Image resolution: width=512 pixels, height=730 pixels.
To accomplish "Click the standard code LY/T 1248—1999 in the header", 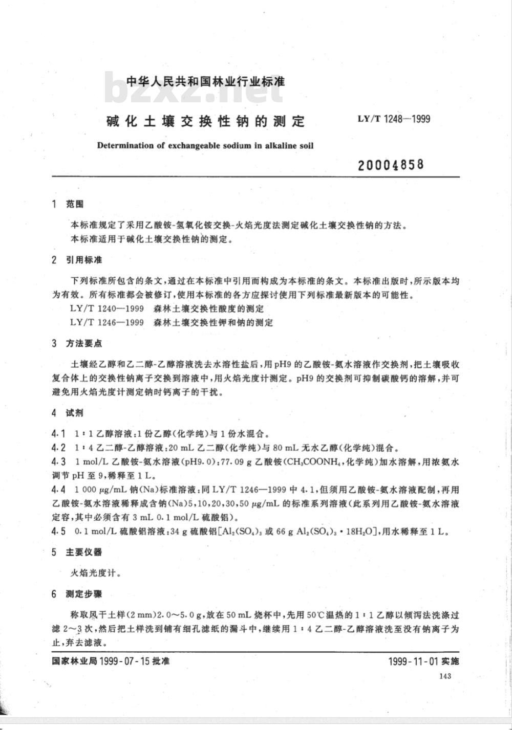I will (x=394, y=120).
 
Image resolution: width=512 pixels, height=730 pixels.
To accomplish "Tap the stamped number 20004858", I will (x=391, y=165).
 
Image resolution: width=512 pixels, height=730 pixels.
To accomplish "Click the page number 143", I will (x=444, y=676).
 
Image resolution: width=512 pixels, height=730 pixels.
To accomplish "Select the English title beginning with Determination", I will (x=205, y=145).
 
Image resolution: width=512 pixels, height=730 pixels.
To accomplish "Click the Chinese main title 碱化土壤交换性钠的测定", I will (x=205, y=122).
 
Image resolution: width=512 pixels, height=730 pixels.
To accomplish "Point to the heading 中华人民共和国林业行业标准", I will (x=205, y=81).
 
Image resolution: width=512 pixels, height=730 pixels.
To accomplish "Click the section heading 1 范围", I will (x=68, y=204).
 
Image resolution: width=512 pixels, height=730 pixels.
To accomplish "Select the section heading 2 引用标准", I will (x=77, y=260).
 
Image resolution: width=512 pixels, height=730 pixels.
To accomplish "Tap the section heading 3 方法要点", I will (x=77, y=343).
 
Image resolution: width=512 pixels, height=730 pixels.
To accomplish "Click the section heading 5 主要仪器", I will (x=77, y=552).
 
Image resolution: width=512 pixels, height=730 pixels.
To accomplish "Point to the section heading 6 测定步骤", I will (x=77, y=594).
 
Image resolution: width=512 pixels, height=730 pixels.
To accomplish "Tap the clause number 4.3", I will (x=58, y=461).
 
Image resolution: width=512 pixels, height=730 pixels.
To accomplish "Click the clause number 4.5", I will (x=58, y=532).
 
